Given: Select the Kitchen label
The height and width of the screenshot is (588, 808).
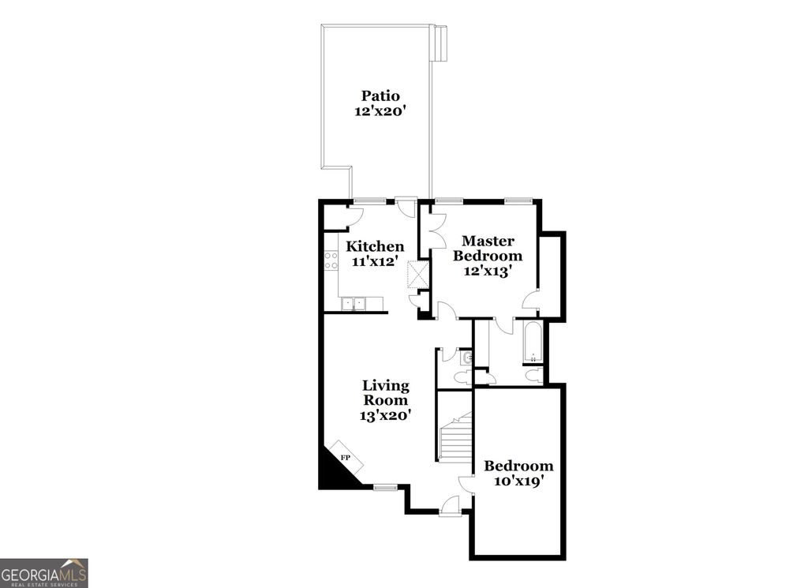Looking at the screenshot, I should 376,247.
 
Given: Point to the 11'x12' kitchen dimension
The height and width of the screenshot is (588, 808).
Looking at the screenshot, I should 376,261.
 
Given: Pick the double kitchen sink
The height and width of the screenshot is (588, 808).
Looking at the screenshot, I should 353,303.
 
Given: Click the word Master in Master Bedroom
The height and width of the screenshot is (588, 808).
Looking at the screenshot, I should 488,241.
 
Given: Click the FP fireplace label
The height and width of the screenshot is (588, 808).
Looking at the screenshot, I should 345,458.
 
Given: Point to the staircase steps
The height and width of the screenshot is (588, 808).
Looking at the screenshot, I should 455,439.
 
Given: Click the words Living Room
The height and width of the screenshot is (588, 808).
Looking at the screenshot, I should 386,392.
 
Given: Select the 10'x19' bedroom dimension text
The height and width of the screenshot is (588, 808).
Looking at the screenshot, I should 518,481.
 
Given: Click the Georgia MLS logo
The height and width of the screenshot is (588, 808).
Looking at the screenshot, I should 44,573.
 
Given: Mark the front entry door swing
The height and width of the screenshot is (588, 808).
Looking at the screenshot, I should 451,505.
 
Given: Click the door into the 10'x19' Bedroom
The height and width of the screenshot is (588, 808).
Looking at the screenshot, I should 466,485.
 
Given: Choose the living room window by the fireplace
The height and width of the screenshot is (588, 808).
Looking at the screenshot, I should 385,487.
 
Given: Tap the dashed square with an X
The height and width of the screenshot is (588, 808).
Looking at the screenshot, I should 416,275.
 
